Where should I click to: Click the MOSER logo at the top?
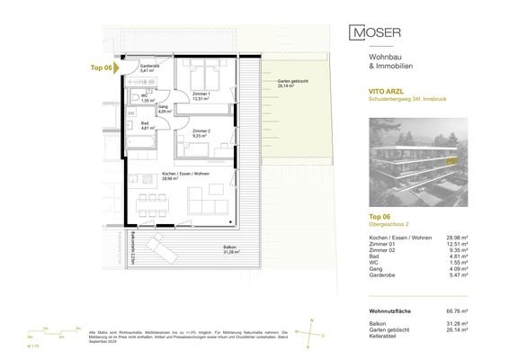(x=376, y=33)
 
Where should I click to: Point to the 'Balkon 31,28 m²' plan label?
(x=230, y=249)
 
